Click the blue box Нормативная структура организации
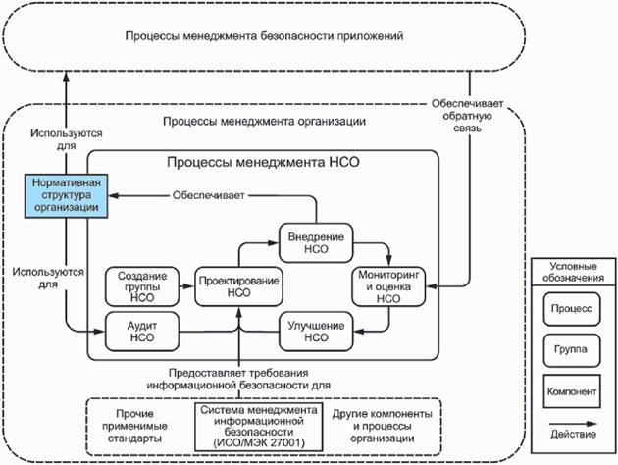point(64,194)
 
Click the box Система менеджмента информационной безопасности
point(259,428)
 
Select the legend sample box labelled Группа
point(573,350)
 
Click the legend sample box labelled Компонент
point(573,392)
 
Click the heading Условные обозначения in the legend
point(573,272)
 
